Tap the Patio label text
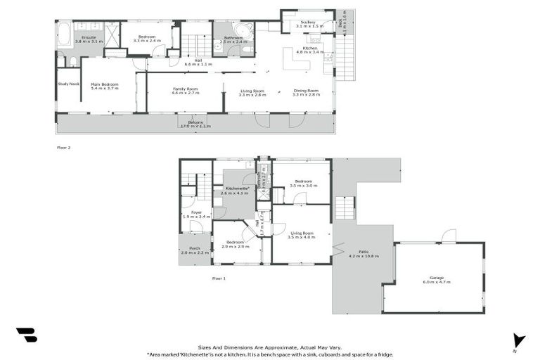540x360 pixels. (x=364, y=254)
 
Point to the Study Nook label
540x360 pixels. (x=68, y=84)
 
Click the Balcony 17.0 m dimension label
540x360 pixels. (x=195, y=124)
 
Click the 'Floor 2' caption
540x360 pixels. (x=63, y=148)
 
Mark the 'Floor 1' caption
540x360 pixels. (x=219, y=278)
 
